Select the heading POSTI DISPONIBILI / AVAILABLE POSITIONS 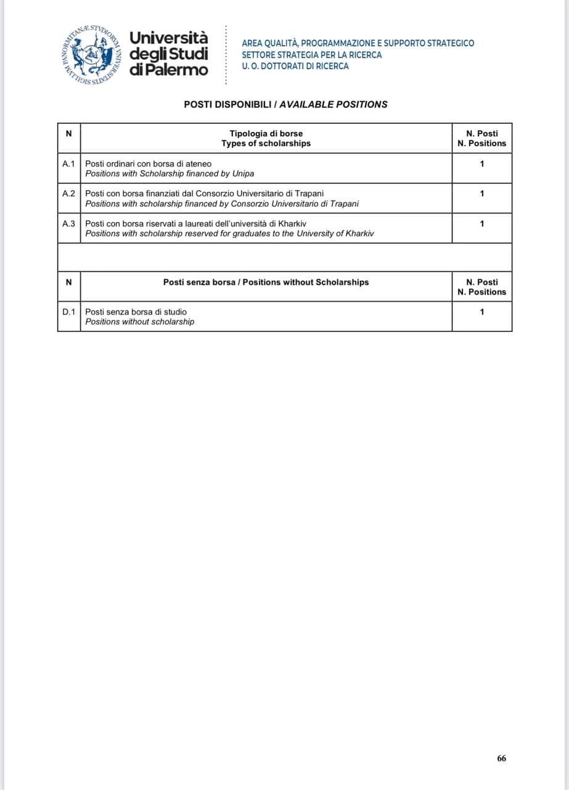(x=285, y=104)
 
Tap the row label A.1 (x=68, y=164)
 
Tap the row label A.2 (x=68, y=193)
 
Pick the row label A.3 (x=68, y=223)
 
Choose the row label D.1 (x=68, y=312)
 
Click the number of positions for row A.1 (x=481, y=164)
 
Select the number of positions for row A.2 (x=481, y=193)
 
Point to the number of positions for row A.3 (x=481, y=223)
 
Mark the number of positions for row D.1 (x=481, y=312)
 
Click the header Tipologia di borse (x=266, y=133)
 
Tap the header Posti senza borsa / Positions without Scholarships (x=266, y=282)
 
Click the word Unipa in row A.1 (x=242, y=173)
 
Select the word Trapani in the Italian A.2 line (x=308, y=193)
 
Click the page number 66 (x=501, y=759)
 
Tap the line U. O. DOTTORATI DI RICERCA (x=295, y=66)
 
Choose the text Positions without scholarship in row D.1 (x=139, y=322)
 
